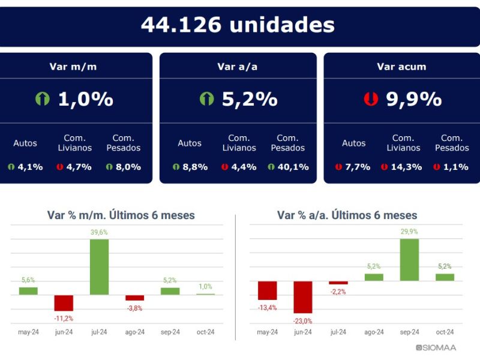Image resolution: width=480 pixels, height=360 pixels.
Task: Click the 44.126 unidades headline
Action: [x=238, y=25]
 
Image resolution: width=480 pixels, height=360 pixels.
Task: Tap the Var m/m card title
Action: [x=73, y=67]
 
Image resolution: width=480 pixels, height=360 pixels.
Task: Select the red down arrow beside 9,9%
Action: [x=371, y=99]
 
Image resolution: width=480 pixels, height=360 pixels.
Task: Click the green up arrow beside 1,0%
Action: [x=43, y=99]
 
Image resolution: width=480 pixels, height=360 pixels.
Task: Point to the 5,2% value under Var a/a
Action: [x=250, y=99]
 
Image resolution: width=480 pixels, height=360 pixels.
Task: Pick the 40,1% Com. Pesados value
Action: [x=293, y=167]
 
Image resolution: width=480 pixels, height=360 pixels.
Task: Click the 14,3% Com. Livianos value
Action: [x=406, y=167]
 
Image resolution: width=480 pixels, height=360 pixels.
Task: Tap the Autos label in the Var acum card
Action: [x=353, y=143]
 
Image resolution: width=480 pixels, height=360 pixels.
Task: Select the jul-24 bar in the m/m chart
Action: [x=99, y=267]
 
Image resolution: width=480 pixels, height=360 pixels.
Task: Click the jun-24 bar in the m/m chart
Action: [x=64, y=303]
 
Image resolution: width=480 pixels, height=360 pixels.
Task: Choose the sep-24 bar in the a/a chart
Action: [x=409, y=260]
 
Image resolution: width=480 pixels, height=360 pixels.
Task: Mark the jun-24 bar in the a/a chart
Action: [x=303, y=297]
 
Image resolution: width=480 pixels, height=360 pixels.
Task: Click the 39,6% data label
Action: [x=99, y=232]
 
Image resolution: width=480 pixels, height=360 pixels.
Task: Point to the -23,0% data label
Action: [x=303, y=321]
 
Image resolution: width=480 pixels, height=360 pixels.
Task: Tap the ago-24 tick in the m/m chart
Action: [x=134, y=332]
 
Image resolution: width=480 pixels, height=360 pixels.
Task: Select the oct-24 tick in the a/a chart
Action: [x=445, y=332]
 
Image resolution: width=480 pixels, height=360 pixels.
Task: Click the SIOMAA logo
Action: [x=436, y=347]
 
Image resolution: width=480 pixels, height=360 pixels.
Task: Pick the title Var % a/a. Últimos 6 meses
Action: [x=347, y=215]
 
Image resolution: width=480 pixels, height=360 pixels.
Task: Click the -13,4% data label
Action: [x=267, y=308]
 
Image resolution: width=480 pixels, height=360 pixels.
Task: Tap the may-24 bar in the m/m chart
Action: [x=28, y=291]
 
